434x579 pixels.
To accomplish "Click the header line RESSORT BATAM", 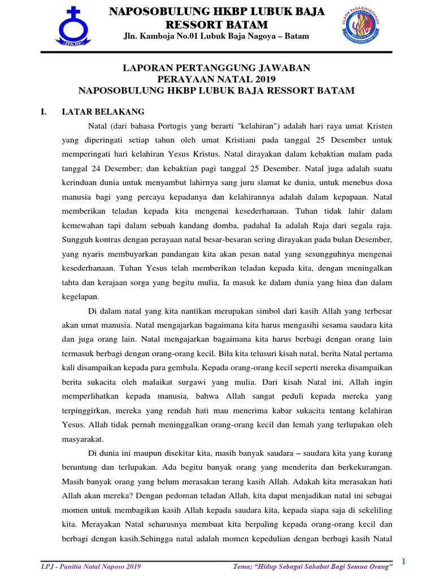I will tap(216, 25).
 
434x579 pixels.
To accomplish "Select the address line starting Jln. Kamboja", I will tap(216, 37).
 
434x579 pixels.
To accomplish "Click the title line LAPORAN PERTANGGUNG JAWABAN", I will tap(216, 68).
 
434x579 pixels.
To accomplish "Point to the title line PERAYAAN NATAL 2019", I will tap(216, 79).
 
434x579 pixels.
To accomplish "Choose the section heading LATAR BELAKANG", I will tap(103, 112).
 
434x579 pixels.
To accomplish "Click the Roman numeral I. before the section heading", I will tap(44, 112).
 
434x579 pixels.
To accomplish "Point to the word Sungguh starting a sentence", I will tap(78, 239).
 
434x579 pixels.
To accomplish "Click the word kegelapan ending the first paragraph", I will tap(80, 296).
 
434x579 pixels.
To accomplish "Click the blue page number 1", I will tap(404, 561).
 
